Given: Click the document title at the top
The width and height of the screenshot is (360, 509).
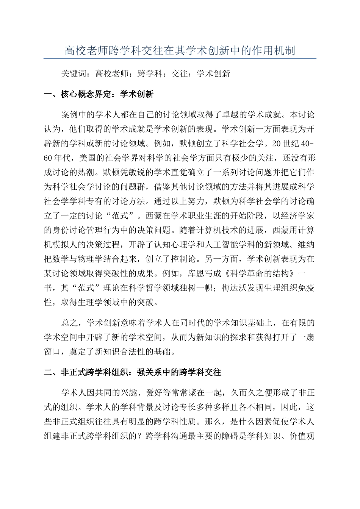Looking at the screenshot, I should click(180, 50).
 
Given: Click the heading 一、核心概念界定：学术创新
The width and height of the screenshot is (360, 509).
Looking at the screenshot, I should click(99, 94).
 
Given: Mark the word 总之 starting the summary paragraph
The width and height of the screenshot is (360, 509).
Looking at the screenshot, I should click(69, 323).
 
